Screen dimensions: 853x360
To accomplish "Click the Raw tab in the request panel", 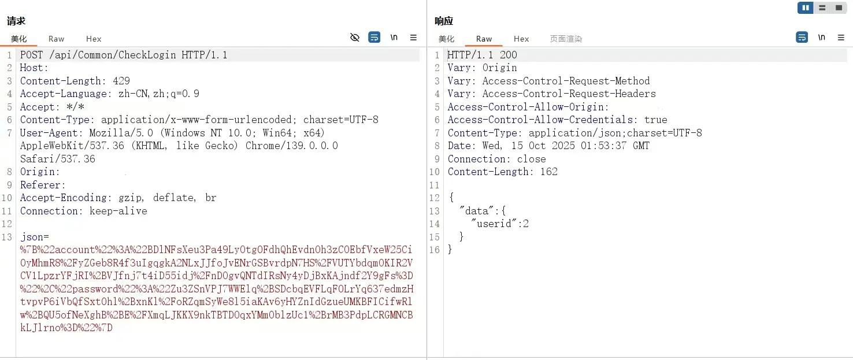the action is point(57,39).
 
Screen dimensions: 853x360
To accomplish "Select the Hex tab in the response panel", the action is point(521,39).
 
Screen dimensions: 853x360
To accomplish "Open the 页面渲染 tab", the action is point(566,39).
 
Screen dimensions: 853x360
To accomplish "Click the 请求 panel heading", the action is point(16,21).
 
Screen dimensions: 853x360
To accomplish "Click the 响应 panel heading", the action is point(444,21).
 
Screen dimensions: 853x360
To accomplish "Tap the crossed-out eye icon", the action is point(354,38).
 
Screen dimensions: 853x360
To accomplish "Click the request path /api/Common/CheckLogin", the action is point(113,55).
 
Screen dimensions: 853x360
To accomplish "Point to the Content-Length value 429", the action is point(121,81).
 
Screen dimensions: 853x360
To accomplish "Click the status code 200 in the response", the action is point(509,55).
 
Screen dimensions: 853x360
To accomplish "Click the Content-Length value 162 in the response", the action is point(549,172).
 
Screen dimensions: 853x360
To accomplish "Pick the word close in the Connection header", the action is point(531,159).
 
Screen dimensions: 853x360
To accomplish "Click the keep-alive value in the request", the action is point(118,211).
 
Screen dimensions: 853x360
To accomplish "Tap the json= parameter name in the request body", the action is point(35,237).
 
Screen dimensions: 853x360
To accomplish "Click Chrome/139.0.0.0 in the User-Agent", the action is point(292,146).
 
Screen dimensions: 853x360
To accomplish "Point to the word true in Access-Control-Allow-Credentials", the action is point(656,120).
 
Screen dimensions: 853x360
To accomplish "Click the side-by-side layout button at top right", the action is point(806,8).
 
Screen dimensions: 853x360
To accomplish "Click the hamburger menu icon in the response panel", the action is point(841,38).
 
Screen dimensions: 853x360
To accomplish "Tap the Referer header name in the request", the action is point(41,185).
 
